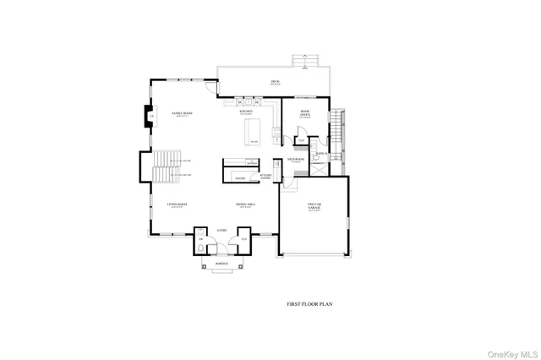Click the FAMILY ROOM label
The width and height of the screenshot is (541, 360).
(182, 113)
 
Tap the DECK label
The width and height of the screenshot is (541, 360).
(275, 82)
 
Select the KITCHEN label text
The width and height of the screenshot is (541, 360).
(246, 112)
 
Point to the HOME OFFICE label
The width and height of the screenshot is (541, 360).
(305, 114)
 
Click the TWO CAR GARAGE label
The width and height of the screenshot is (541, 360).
(314, 206)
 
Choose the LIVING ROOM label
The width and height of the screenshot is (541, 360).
(177, 205)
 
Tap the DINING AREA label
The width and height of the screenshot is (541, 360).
(246, 205)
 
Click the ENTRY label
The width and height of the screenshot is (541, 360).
(221, 229)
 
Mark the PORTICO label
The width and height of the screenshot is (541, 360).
(221, 263)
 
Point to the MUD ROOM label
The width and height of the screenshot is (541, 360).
(295, 159)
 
